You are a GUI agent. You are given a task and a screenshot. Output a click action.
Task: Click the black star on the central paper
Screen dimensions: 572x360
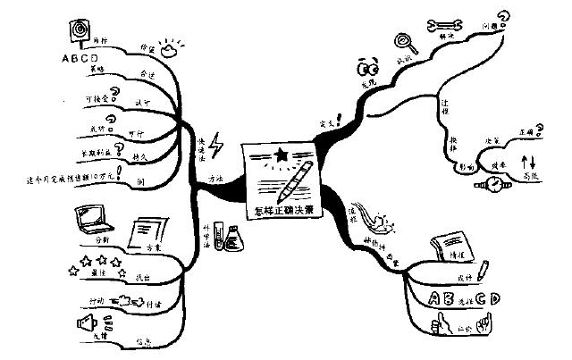click(x=282, y=155)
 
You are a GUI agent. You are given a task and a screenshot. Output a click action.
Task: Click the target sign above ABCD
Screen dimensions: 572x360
click(x=84, y=29)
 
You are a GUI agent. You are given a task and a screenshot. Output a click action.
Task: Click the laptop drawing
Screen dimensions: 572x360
click(x=94, y=218)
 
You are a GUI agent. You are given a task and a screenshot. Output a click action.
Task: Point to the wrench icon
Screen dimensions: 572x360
click(x=443, y=25)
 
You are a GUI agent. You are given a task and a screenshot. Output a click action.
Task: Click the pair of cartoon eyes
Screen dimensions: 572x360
click(x=366, y=68)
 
